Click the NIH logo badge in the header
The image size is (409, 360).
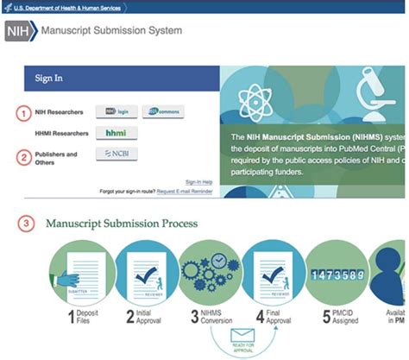pyautogui.click(x=21, y=32)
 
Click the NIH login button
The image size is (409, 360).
pyautogui.click(x=116, y=112)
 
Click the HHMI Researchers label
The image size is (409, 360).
pyautogui.click(x=62, y=134)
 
